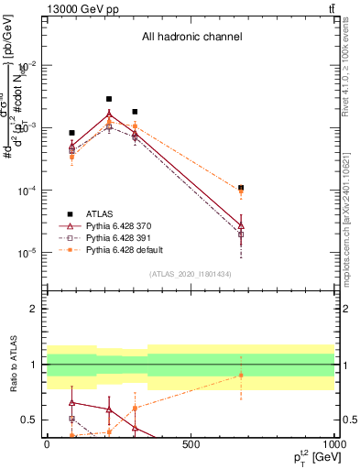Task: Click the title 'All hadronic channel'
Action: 191,37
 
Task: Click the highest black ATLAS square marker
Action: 109,99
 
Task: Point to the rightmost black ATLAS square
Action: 241,188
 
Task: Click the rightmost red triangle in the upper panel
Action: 241,224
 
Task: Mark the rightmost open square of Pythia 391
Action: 241,234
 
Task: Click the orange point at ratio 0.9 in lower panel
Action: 241,376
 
